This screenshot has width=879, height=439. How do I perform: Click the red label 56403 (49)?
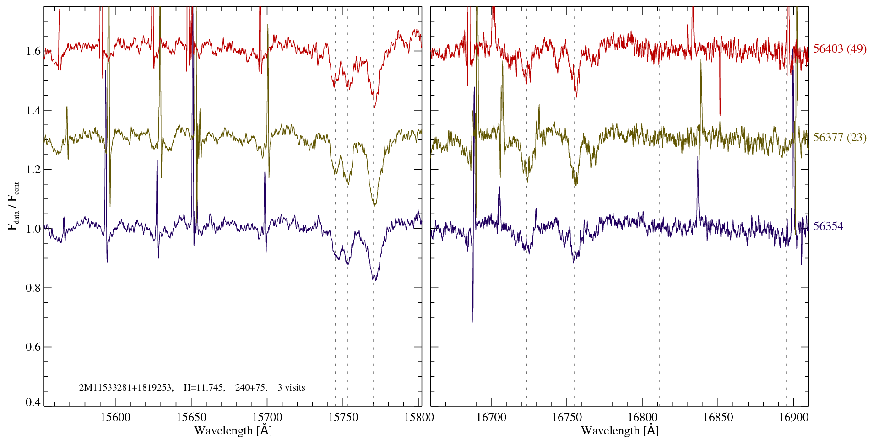pos(840,49)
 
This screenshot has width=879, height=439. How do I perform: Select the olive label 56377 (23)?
pos(840,138)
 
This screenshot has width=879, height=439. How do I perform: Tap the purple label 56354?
pos(828,226)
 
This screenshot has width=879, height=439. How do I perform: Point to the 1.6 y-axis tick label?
pos(33,51)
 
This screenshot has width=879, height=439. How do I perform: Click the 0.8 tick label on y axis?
pos(33,288)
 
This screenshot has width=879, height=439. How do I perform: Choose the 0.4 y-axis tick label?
pos(33,402)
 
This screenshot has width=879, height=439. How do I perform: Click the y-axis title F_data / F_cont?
pos(14,206)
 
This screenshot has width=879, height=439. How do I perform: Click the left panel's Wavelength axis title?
pos(233,431)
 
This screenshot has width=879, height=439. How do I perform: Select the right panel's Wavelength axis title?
pos(620,431)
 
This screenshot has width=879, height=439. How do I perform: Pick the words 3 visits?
pos(291,388)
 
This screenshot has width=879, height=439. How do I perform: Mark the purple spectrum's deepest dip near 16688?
pos(473,320)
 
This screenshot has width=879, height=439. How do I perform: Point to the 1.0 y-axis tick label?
pos(33,229)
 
